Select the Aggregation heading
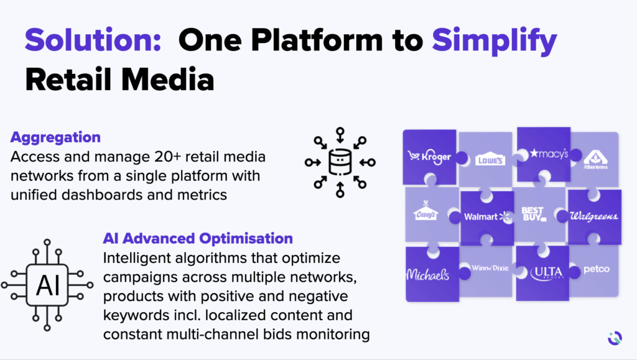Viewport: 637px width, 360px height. coord(55,137)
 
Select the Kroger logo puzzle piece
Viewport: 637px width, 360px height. coord(429,157)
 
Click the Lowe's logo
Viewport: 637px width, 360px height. coord(491,160)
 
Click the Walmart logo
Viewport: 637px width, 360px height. coord(487,216)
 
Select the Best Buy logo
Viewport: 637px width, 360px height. coord(534,214)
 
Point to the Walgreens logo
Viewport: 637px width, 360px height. coord(593,216)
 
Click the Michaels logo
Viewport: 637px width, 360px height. coord(427,274)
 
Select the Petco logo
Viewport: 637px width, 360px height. coord(596,270)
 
